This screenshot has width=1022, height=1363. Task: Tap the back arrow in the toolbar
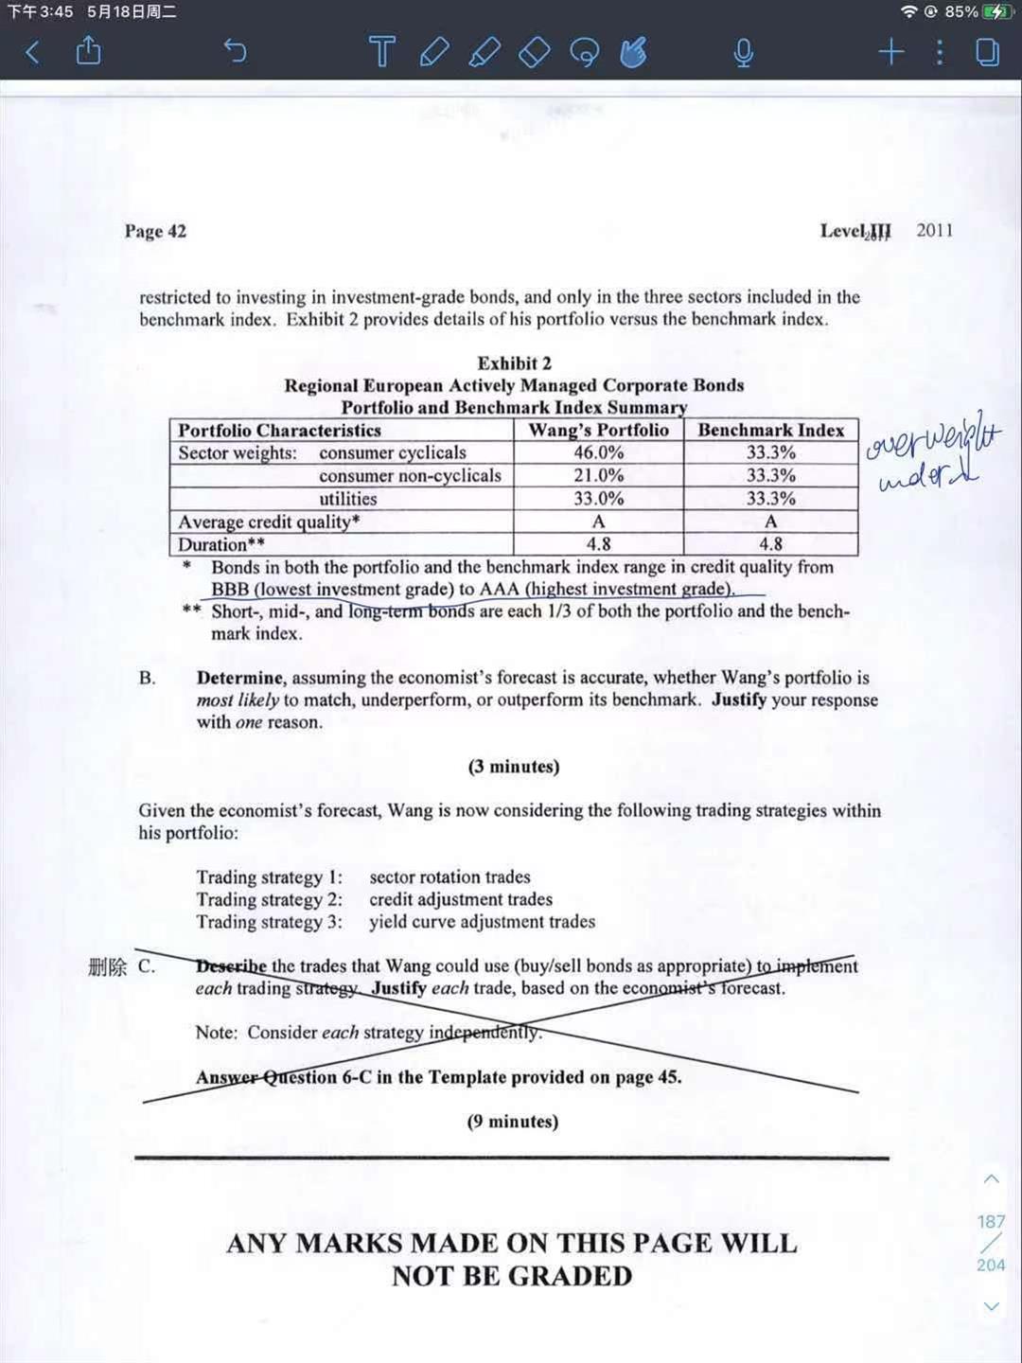coord(32,51)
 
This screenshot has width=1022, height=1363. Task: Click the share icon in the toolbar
coord(88,50)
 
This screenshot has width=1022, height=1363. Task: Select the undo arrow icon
coord(235,50)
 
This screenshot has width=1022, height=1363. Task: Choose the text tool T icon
coord(381,51)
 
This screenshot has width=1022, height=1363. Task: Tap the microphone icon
coord(744,52)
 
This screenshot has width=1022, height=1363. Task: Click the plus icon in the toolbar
coord(890,51)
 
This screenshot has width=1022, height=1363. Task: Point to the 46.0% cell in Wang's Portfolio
coord(598,452)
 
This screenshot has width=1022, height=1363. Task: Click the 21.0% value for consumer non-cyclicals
coord(598,475)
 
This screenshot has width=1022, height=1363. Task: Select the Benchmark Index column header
coord(770,430)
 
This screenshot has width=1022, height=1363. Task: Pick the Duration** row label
coord(221,544)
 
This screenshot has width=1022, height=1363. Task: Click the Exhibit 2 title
coord(514,363)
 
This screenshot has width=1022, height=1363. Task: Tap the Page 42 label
coord(155,231)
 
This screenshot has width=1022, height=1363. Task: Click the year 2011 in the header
coord(934,230)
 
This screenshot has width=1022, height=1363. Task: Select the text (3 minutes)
coord(513,767)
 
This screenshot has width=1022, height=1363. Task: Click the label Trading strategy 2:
coord(269,899)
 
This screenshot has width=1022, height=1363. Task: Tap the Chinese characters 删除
coord(107,966)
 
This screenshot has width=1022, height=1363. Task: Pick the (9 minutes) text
coord(512,1122)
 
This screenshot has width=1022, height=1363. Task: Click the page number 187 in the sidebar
coord(991,1222)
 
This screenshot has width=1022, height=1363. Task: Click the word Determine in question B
coord(239,678)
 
